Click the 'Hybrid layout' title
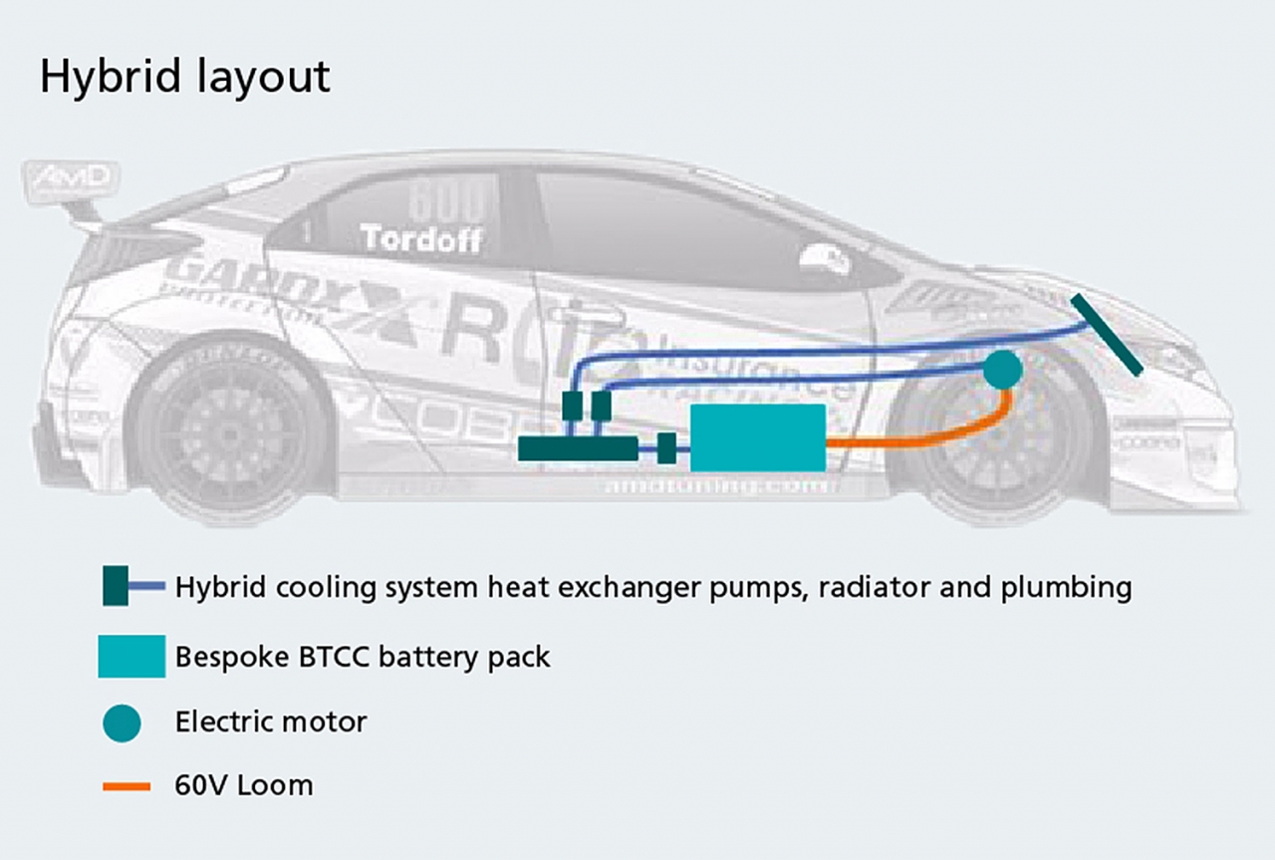coord(184,78)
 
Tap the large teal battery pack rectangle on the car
coord(757,437)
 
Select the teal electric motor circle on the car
coord(1002,370)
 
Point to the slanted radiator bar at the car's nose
coord(1107,334)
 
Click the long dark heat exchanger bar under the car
coord(578,449)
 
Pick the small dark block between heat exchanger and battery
coord(667,449)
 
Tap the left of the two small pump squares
coord(572,406)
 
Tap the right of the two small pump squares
coord(601,406)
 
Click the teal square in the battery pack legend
coord(131,657)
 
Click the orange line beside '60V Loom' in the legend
coord(127,786)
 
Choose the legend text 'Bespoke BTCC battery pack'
coord(363,658)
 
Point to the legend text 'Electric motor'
coord(271,721)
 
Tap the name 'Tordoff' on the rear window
coord(421,239)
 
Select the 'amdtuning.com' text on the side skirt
coord(716,485)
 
